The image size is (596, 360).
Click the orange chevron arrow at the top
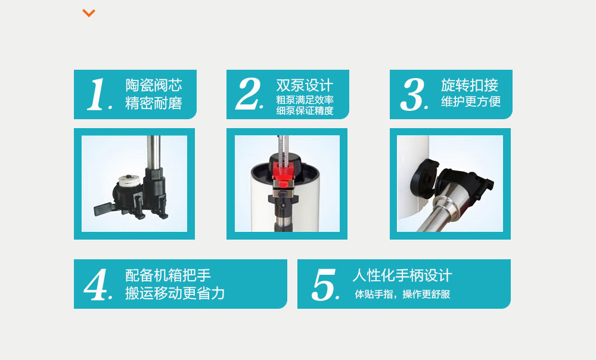click(x=89, y=13)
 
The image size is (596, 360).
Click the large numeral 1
click(x=97, y=95)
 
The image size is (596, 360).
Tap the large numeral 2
click(x=249, y=94)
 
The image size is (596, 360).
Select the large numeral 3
click(x=413, y=95)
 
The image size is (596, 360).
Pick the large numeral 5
click(x=325, y=285)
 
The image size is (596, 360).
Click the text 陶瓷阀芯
click(x=153, y=85)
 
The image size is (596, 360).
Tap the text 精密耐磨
click(x=153, y=103)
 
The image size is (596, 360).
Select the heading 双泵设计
click(x=305, y=85)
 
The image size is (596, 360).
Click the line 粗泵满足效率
click(x=305, y=100)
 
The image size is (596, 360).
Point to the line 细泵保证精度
click(x=305, y=110)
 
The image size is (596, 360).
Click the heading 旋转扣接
click(x=470, y=85)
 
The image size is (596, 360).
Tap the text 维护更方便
click(x=470, y=101)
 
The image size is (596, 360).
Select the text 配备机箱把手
click(x=168, y=275)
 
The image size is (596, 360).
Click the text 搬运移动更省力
click(x=175, y=293)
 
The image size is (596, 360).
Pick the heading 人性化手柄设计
click(x=402, y=275)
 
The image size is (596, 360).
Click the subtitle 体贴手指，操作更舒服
click(x=402, y=294)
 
